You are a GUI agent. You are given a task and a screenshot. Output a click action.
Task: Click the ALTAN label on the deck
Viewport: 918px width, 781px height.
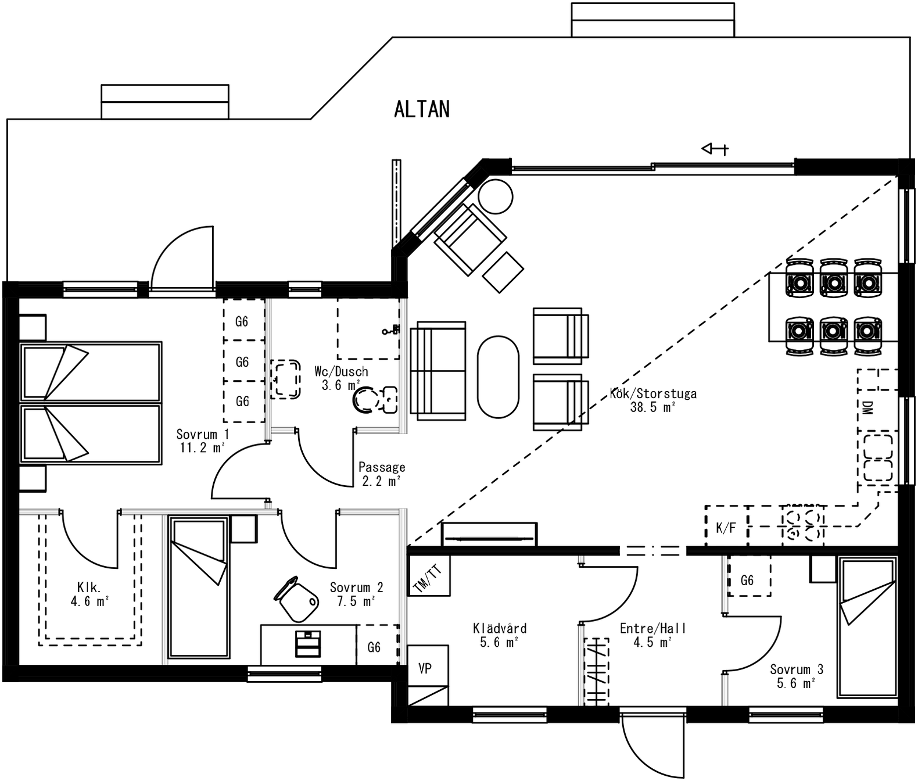coord(421,109)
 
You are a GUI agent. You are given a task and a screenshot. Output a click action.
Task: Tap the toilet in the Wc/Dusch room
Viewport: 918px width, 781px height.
coord(375,400)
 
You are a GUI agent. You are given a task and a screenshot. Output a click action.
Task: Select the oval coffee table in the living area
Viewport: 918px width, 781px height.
coord(498,377)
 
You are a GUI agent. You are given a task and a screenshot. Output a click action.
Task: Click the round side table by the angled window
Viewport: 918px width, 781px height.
coord(495,196)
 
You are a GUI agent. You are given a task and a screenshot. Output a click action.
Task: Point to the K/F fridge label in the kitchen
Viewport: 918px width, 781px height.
coord(726,528)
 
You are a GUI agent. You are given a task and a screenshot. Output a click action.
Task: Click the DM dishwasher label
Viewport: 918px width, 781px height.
coord(867,407)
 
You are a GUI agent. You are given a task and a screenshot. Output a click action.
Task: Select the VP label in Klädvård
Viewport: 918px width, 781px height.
coord(425,668)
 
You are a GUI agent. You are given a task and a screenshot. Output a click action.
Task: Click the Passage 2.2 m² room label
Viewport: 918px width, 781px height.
coord(382,474)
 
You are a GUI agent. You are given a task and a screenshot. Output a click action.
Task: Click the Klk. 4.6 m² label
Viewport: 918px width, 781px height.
coord(89,594)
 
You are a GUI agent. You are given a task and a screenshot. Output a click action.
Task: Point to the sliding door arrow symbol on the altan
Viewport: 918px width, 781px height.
coord(715,148)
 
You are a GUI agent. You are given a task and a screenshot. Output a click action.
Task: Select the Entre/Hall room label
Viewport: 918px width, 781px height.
coord(653,628)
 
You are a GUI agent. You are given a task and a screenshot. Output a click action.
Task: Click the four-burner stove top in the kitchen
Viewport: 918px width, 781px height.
coord(802,526)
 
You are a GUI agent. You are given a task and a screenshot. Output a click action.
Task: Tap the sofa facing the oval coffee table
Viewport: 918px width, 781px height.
coord(438,371)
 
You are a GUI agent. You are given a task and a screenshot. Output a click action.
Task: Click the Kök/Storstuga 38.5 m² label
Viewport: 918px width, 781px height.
coord(653,400)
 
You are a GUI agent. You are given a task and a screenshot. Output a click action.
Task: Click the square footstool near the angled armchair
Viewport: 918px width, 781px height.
coord(503,271)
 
